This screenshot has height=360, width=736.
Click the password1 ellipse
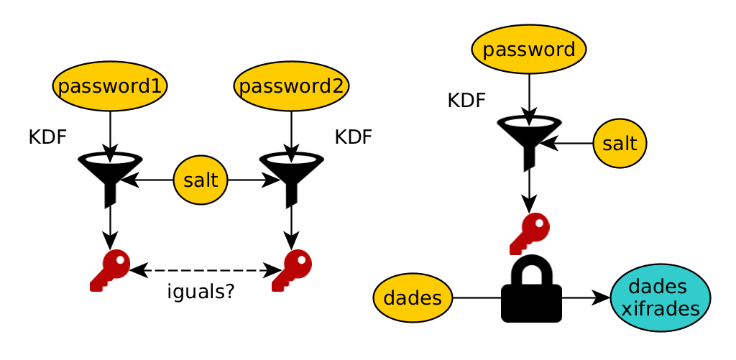pos(110,86)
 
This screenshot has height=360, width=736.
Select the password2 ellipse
pos(291,86)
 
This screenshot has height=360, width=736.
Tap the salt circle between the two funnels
pos(201,180)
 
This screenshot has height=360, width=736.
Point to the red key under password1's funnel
pos(109,269)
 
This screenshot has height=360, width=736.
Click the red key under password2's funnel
pos(291,269)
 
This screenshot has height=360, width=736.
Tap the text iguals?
pos(201,292)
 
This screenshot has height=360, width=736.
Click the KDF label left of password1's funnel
pos(47,137)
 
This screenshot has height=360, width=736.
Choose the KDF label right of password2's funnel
pos(353,137)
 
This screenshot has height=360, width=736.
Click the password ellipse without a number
pos(529,50)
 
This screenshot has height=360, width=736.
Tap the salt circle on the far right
pos(620,143)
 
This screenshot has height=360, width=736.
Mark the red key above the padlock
pos(529,233)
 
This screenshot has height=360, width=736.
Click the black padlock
pos(531,291)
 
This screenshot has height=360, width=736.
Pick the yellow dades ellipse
pos(413,297)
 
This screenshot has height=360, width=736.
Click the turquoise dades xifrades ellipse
pos(660,297)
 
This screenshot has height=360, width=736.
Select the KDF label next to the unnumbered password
pos(466,101)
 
